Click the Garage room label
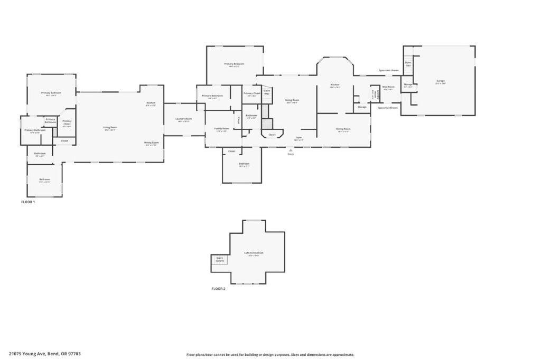440,82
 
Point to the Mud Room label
388,88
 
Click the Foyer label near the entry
299,138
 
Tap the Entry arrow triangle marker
290,150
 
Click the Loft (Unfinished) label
254,254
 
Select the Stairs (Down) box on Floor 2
220,260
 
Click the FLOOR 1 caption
27,202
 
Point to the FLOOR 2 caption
218,289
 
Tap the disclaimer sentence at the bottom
270,355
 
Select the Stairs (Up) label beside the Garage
408,63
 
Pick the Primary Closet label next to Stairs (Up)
251,94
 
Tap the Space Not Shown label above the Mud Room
388,70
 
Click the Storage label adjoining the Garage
408,85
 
